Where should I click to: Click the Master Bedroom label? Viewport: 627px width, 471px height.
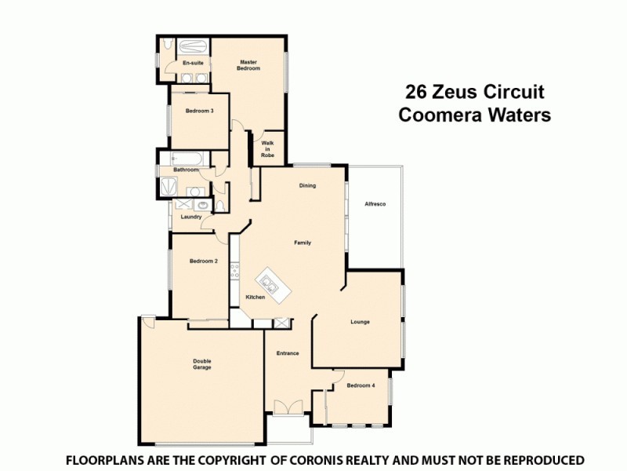249,65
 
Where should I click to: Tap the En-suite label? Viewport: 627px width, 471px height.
192,62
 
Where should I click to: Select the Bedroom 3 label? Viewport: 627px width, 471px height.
200,111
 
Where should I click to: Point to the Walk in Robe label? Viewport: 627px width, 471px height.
267,149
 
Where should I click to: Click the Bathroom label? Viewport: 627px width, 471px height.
186,170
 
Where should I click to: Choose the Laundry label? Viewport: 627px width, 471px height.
191,217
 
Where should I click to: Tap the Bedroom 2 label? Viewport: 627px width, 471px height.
203,261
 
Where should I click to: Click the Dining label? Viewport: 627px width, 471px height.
307,186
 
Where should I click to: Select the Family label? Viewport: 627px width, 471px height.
303,243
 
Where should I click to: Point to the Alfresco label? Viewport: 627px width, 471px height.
375,204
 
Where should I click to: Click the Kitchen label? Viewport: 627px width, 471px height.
256,297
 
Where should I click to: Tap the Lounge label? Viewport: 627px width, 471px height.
360,322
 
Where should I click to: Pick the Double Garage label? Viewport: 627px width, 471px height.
202,364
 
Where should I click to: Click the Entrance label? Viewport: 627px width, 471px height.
288,353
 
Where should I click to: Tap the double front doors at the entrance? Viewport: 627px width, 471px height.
288,407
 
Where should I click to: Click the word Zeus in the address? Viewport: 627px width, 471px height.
466,93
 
